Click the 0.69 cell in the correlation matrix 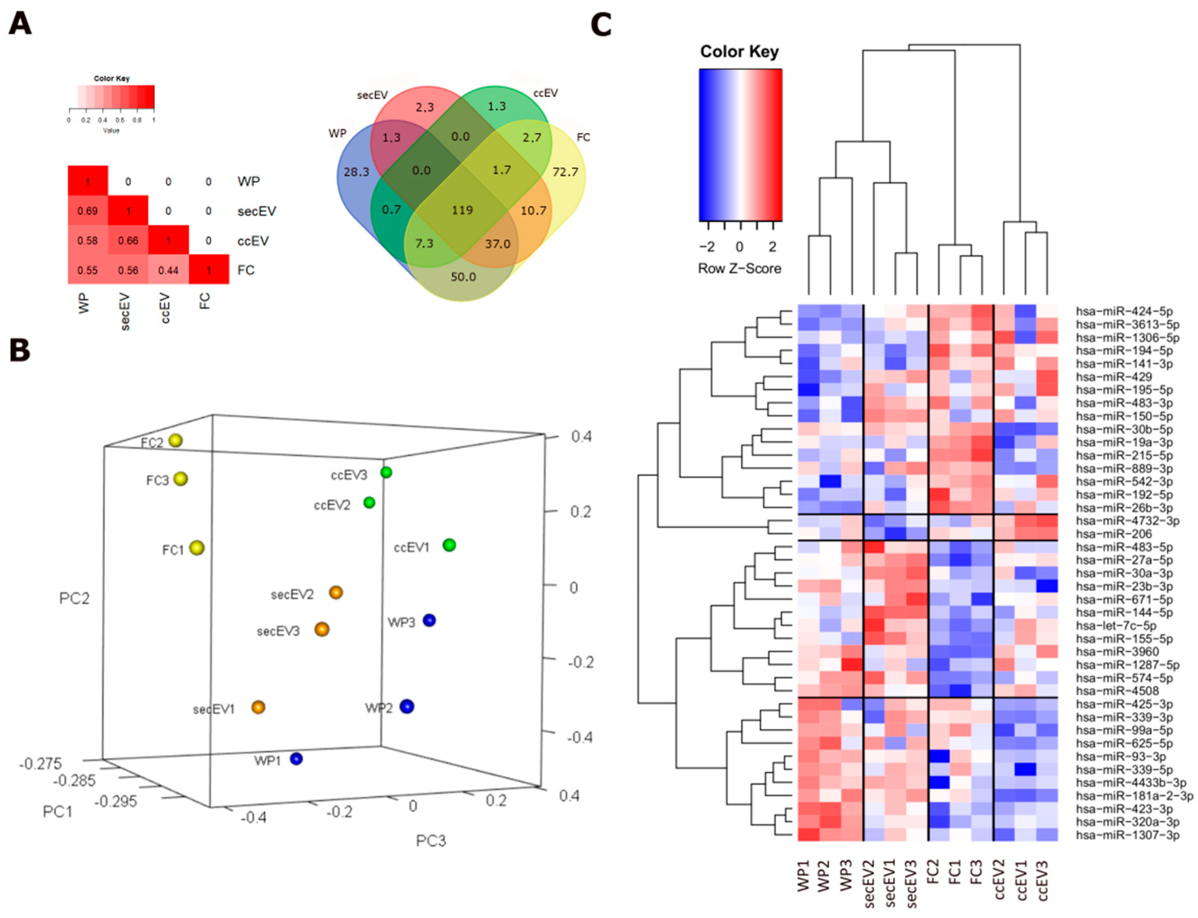click(87, 211)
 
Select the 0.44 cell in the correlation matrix click(169, 270)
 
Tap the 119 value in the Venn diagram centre click(462, 210)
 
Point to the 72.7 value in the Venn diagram click(565, 172)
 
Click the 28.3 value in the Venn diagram click(356, 172)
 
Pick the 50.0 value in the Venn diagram click(463, 277)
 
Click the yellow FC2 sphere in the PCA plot click(175, 440)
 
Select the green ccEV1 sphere click(449, 545)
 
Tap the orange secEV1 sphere click(259, 707)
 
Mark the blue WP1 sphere click(296, 758)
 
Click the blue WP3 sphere click(430, 620)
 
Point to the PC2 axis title click(74, 598)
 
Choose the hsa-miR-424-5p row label click(1124, 311)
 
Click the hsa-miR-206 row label click(1113, 534)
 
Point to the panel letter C click(601, 25)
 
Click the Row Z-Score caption click(740, 268)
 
